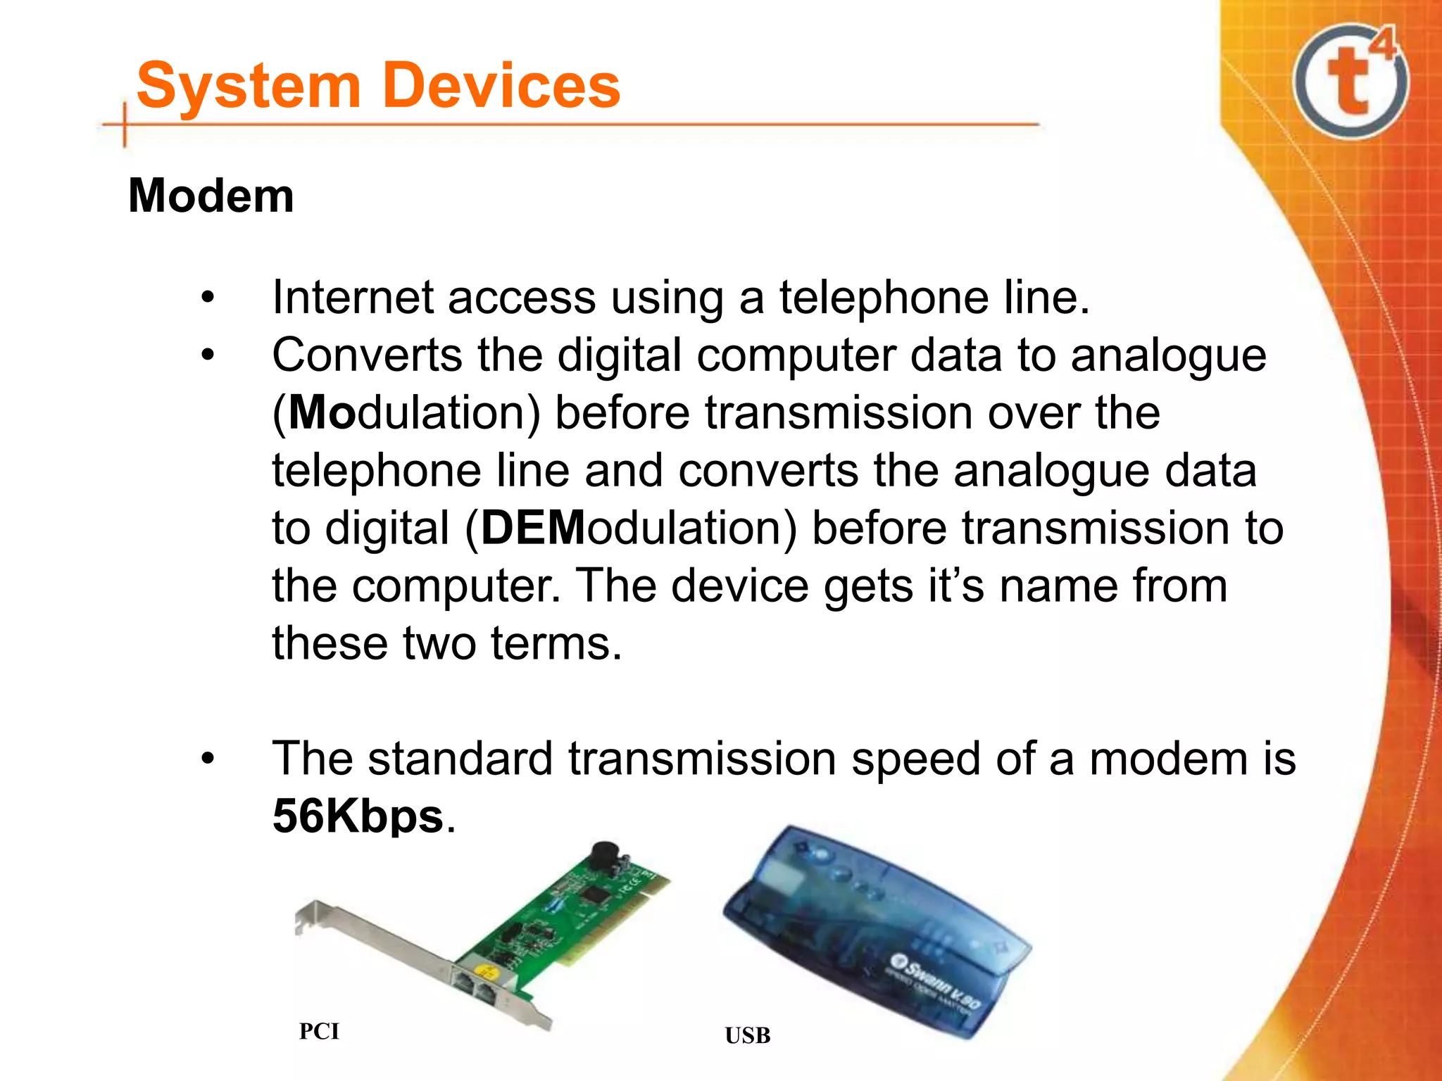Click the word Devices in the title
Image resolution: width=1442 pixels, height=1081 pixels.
coord(503,86)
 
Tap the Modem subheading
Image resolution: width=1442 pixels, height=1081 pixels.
coord(211,196)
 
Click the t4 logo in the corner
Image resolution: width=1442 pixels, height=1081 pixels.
coord(1351,80)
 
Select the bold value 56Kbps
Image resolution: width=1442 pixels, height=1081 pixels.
coord(358,816)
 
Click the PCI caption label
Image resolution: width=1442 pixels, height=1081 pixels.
coord(319,1031)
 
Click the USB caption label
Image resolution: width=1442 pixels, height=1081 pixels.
coord(748,1035)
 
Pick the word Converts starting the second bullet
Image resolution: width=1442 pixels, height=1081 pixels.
coord(367,355)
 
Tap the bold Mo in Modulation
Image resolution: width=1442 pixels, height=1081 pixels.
coord(321,412)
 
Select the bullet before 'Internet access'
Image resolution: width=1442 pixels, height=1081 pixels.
coord(207,297)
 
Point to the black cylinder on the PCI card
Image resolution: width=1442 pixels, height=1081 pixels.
coord(604,856)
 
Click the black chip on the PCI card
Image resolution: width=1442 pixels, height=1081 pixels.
coord(596,895)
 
